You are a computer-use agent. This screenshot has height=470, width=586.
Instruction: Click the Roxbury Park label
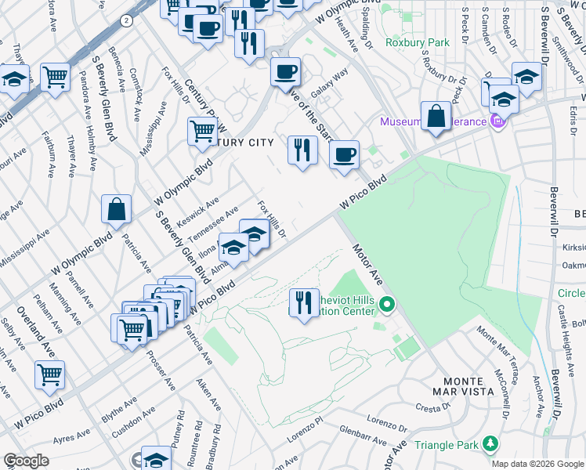pos(417,42)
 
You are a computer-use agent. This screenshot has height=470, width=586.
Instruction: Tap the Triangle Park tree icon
pos(490,444)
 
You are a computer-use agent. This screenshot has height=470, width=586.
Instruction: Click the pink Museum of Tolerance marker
pos(497,121)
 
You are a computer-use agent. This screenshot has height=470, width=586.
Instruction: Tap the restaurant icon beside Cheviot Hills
pos(303,302)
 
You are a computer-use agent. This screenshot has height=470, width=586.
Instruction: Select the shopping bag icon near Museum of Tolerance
pos(435,116)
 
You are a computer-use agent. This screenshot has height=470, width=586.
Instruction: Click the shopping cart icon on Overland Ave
pos(49,374)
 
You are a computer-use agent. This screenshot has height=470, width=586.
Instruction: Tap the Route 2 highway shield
pos(126,21)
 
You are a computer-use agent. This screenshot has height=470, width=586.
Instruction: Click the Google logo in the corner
pos(26,461)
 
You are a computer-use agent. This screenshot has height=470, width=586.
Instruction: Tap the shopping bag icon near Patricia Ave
pos(116,210)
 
